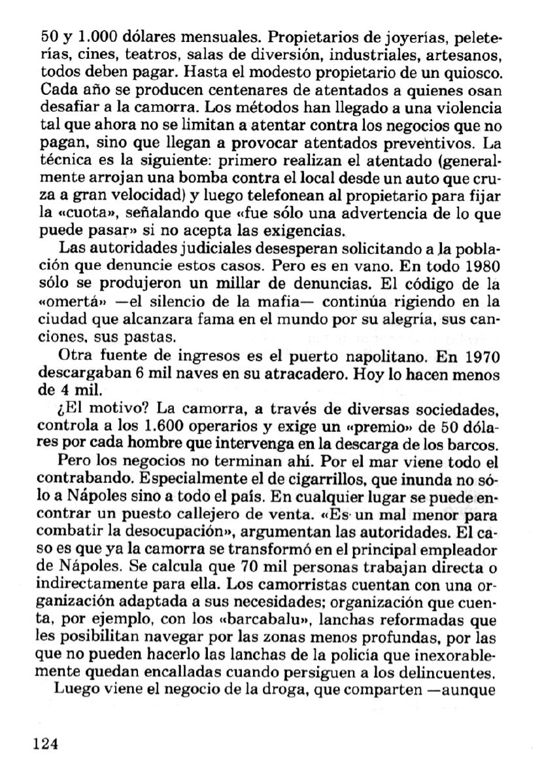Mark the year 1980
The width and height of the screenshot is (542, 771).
coord(479,267)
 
